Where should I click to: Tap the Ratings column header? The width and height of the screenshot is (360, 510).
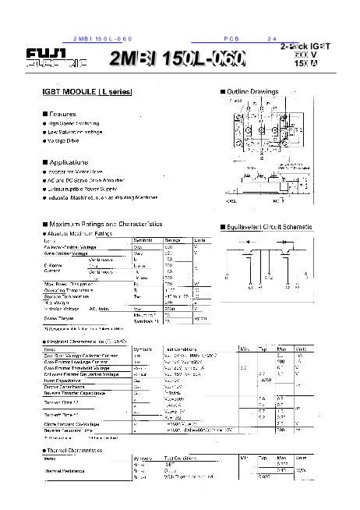171,239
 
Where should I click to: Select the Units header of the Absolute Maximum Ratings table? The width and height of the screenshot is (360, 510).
200,239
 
